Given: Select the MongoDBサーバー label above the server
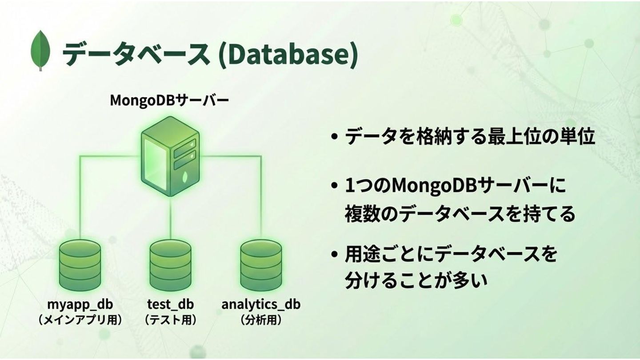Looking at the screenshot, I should coord(169,100).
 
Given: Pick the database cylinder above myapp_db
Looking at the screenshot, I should coord(80,266).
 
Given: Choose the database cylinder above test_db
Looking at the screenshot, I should coord(170,266).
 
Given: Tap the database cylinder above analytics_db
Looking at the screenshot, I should coord(261,266).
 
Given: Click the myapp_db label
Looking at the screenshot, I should coord(80,304).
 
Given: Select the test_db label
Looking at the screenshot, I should coord(170,304).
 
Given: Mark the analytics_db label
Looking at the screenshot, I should coord(261,304).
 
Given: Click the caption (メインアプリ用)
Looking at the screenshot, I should coord(80,320).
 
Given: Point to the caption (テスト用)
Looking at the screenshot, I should coord(170,320).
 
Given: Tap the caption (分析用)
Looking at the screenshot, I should coord(261,320).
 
